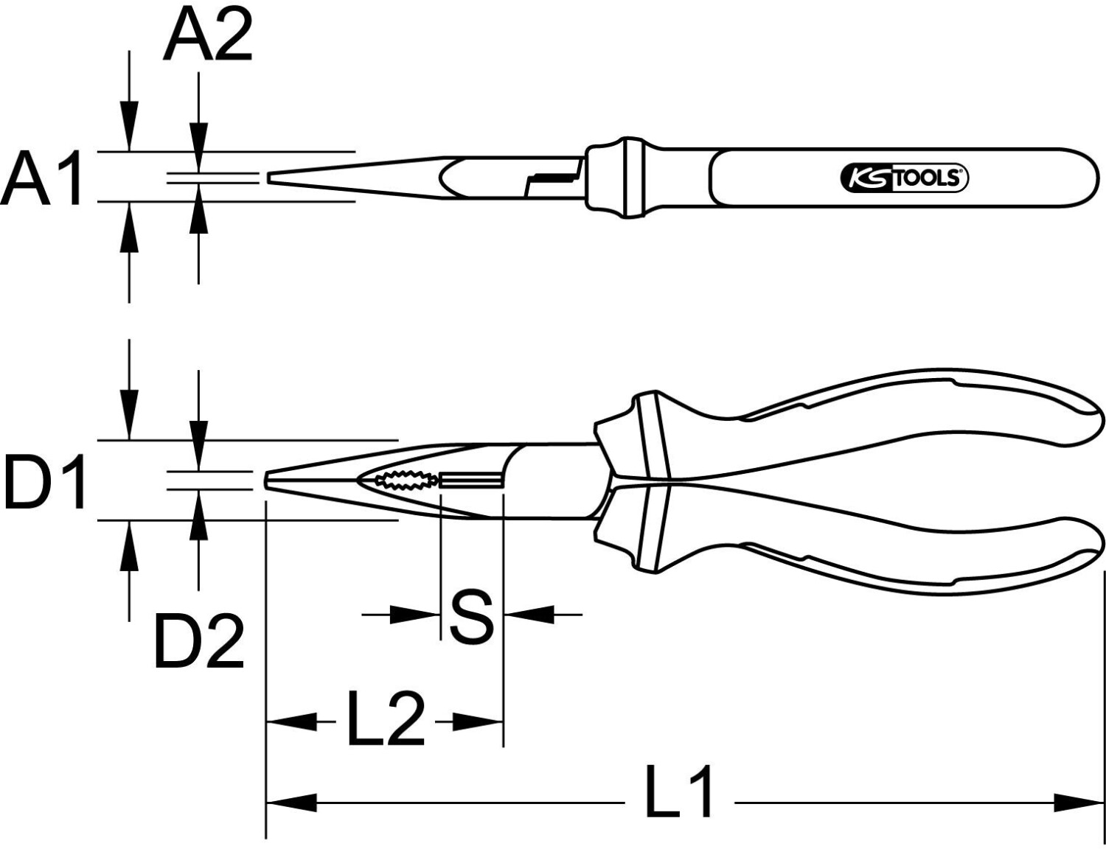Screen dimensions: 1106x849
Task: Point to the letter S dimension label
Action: (472, 615)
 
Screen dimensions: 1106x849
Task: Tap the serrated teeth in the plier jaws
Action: (405, 480)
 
